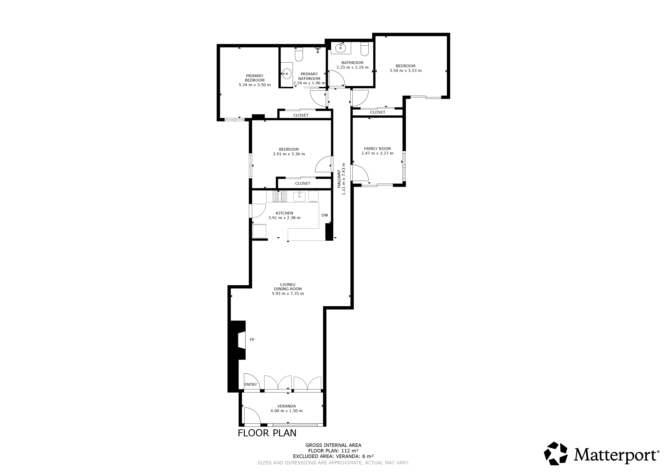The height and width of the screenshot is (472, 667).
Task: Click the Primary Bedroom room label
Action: [255, 78]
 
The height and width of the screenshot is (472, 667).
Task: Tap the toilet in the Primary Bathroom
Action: [299, 54]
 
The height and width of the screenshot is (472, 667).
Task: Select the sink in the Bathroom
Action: [341, 48]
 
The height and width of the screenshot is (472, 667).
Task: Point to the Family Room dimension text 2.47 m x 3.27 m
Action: [377, 153]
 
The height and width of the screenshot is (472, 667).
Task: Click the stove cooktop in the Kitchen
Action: [280, 196]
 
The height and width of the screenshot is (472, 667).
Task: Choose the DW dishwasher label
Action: [325, 215]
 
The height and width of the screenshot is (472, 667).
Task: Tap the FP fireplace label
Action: [252, 340]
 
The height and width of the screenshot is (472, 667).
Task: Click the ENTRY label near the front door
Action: [251, 384]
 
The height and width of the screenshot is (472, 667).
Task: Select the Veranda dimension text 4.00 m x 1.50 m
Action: [286, 411]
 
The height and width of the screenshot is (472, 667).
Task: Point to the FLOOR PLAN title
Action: [267, 433]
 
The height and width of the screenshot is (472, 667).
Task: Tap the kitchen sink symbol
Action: [299, 196]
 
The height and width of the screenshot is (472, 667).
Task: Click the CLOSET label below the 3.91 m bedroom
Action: [303, 183]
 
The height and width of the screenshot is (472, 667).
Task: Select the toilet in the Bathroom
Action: [365, 49]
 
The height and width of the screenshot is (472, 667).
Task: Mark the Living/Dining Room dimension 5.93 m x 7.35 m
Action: [288, 293]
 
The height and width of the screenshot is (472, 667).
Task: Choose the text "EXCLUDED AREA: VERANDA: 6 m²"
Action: [333, 456]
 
